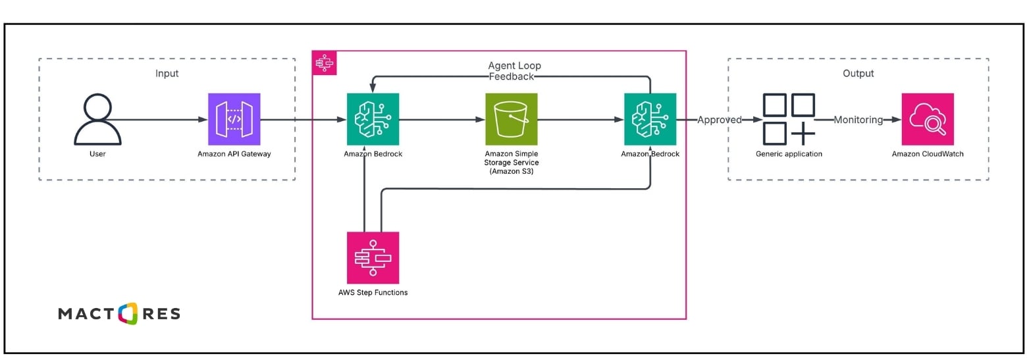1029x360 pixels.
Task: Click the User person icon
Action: tap(97, 119)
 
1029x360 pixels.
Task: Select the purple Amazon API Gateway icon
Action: tap(234, 119)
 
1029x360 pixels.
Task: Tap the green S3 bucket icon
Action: tap(511, 119)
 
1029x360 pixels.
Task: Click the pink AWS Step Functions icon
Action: tap(373, 257)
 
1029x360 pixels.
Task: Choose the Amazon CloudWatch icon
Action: tap(927, 119)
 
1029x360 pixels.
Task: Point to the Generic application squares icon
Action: tap(789, 119)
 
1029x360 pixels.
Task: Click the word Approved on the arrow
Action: tap(720, 120)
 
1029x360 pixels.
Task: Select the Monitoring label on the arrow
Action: tap(858, 120)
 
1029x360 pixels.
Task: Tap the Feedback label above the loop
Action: tap(512, 77)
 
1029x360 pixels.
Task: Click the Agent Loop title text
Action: tap(514, 66)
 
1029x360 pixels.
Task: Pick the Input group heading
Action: tap(167, 73)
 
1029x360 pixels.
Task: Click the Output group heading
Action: tap(858, 73)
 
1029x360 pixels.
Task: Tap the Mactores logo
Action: tap(119, 314)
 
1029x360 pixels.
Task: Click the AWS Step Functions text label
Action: tap(373, 292)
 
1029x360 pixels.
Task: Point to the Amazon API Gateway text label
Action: tap(234, 154)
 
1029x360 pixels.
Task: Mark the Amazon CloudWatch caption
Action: tap(927, 154)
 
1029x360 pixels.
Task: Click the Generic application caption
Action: tap(789, 154)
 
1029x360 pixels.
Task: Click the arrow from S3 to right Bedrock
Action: tap(580, 120)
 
